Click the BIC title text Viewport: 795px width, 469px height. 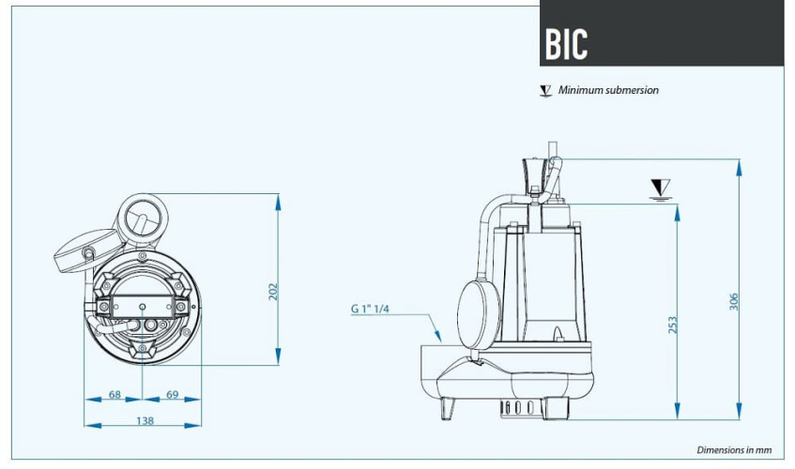pyautogui.click(x=566, y=43)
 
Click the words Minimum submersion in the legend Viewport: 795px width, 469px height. pyautogui.click(x=608, y=90)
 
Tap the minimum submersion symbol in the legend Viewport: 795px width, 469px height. pyautogui.click(x=544, y=91)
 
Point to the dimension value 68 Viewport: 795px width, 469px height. pyautogui.click(x=115, y=395)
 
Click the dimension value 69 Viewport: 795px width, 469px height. pyautogui.click(x=172, y=395)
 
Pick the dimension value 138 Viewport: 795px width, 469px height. pyautogui.click(x=145, y=421)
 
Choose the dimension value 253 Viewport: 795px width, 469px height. pyautogui.click(x=672, y=325)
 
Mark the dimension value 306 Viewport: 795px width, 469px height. pyautogui.click(x=734, y=301)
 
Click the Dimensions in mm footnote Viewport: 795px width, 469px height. pyautogui.click(x=734, y=450)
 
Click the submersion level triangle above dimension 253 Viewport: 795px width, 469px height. pyautogui.click(x=661, y=189)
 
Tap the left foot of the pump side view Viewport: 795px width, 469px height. pyautogui.click(x=449, y=408)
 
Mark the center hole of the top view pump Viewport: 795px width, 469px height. pyautogui.click(x=142, y=307)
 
